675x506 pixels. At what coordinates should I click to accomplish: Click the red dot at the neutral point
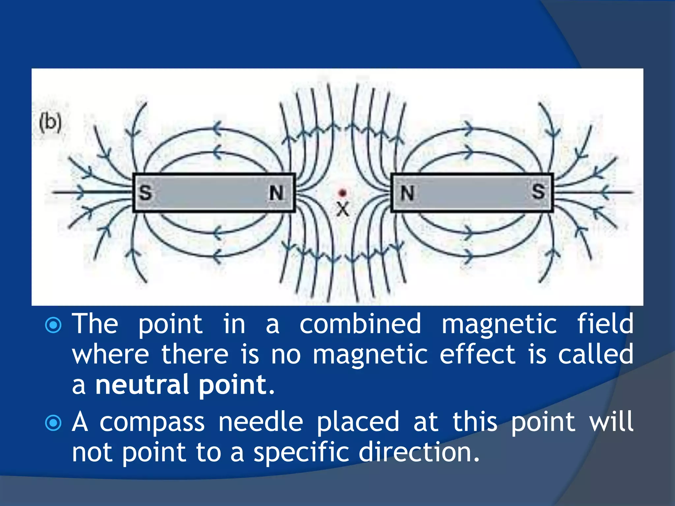click(x=343, y=193)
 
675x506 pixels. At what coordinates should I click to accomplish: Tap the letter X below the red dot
click(x=343, y=209)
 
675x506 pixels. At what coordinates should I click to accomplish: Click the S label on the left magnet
click(x=145, y=193)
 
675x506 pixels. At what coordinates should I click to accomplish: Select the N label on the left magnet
click(x=276, y=193)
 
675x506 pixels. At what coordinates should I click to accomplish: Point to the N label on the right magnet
click(x=407, y=193)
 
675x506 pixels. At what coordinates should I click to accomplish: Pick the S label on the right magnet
click(x=538, y=191)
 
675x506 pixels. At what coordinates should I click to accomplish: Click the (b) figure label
click(x=50, y=123)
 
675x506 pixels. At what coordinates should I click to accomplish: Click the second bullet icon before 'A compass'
click(x=53, y=423)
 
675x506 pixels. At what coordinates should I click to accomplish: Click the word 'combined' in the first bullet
click(x=360, y=324)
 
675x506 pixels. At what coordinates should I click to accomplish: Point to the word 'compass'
click(x=152, y=423)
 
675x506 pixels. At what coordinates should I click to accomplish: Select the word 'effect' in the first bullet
click(x=477, y=354)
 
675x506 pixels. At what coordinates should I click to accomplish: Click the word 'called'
click(x=596, y=354)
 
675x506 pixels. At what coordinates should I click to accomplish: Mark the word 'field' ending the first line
click(x=605, y=324)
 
